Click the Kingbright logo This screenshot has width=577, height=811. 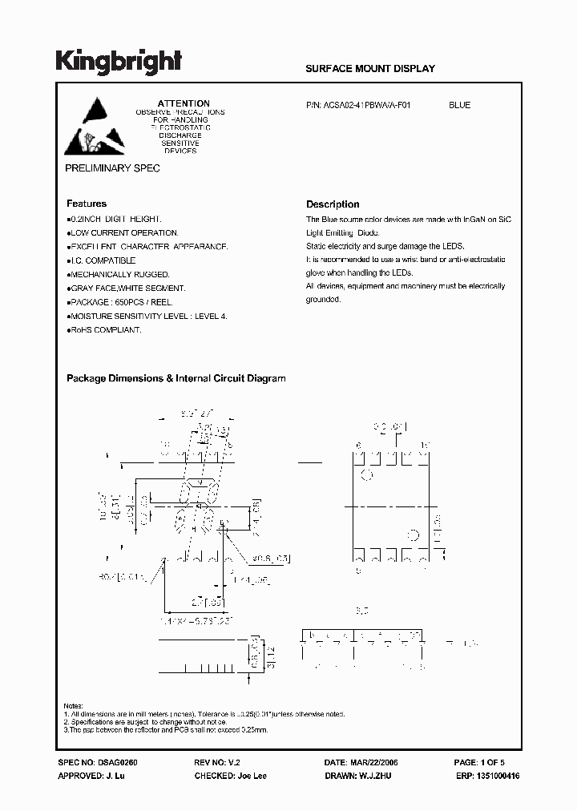(x=119, y=63)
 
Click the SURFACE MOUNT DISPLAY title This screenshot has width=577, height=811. (x=370, y=69)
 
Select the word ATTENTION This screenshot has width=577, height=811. (x=184, y=103)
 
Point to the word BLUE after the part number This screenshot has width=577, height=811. (x=459, y=105)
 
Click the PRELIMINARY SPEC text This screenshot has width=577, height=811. (x=112, y=168)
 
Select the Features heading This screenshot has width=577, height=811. (x=87, y=204)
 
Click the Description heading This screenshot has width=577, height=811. (x=333, y=204)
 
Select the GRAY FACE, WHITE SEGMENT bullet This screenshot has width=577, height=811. (x=126, y=288)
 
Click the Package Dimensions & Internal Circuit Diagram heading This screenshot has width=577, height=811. (x=176, y=378)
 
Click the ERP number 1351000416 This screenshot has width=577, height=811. (x=497, y=777)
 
